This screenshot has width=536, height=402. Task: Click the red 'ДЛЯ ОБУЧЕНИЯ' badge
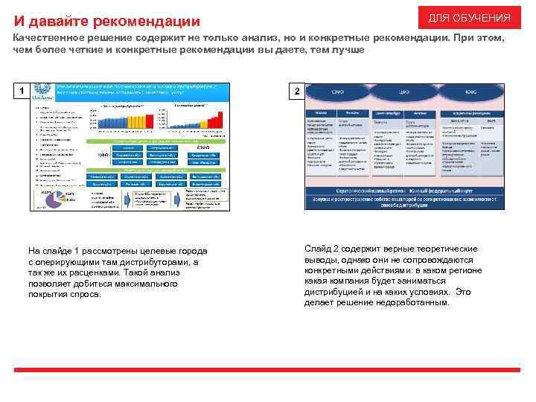(x=469, y=18)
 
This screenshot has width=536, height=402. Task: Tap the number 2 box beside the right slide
(x=296, y=92)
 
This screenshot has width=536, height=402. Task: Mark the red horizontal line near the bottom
(x=268, y=370)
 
